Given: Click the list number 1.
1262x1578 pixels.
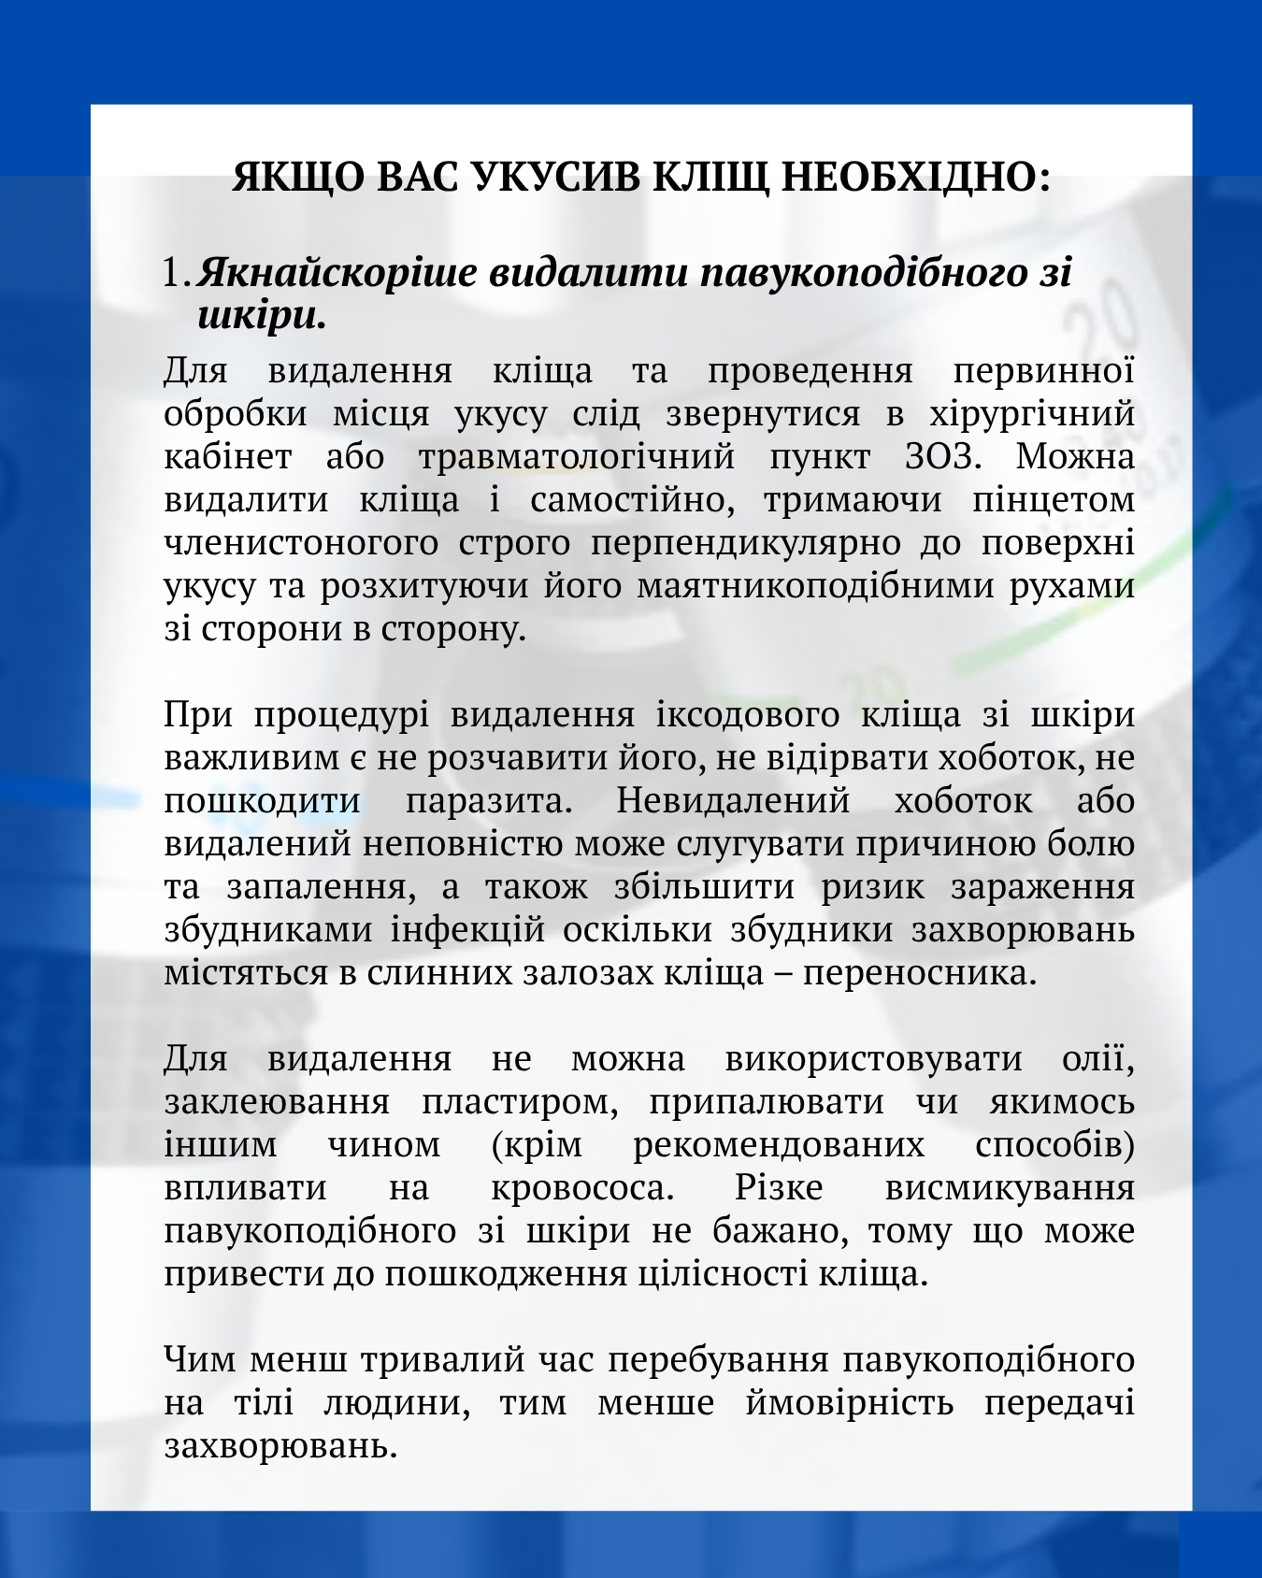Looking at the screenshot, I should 175,273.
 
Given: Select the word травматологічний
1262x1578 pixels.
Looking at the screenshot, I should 577,457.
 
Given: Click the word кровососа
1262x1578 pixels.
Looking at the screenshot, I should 581,1188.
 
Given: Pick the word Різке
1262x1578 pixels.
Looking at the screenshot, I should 778,1188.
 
